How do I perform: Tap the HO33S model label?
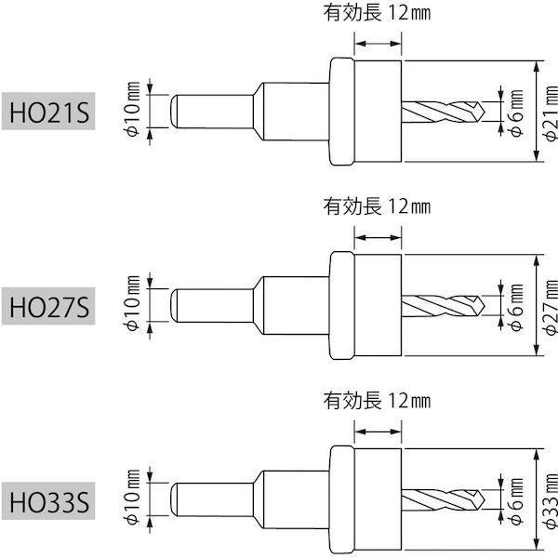pos(46,504)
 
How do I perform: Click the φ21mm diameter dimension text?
pos(549,112)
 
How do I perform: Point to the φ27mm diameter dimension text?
pos(549,307)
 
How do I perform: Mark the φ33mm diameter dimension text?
pos(549,503)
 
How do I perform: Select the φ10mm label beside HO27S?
pos(133,303)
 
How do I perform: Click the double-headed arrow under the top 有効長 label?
pos(379,42)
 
